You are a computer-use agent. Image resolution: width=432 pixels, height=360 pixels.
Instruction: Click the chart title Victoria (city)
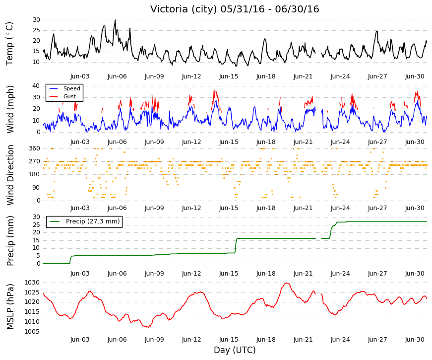click(184, 9)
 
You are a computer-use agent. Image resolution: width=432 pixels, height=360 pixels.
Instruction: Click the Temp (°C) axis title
click(9, 44)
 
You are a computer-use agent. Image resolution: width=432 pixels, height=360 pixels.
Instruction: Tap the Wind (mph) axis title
click(10, 109)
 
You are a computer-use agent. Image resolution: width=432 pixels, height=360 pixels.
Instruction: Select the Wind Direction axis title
click(10, 175)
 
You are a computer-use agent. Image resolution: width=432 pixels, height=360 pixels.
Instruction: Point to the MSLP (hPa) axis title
click(10, 307)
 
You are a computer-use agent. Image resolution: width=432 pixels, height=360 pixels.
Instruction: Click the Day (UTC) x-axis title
click(235, 350)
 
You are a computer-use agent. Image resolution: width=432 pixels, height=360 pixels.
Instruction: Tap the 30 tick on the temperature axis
click(36, 20)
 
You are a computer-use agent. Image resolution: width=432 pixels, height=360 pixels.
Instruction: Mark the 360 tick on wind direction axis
click(35, 148)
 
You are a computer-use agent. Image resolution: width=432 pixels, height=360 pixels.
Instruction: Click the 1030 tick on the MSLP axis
click(32, 283)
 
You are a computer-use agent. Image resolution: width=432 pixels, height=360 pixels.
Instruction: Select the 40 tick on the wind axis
click(36, 86)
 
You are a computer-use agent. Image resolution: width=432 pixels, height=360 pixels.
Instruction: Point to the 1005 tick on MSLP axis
click(32, 332)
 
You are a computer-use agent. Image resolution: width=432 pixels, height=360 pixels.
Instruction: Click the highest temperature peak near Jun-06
click(115, 20)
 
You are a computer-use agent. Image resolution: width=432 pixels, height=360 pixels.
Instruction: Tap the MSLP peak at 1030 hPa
click(287, 283)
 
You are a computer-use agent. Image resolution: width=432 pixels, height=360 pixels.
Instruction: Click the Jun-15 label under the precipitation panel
click(229, 274)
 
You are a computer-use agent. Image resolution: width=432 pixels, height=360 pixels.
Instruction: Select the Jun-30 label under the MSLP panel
click(415, 340)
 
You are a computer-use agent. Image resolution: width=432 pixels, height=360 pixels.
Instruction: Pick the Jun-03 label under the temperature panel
click(80, 76)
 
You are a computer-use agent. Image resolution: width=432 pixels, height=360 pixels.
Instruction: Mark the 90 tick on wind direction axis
click(36, 188)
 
